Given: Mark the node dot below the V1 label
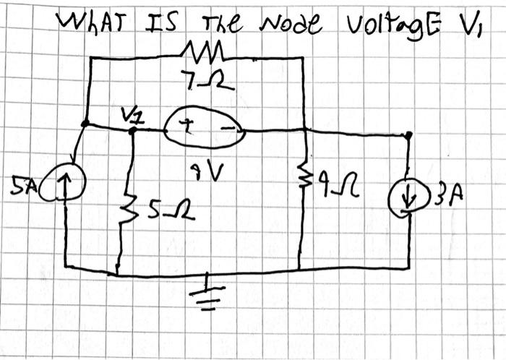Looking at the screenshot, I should [x=132, y=131].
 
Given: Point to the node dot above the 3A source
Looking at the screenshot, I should [x=408, y=134].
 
